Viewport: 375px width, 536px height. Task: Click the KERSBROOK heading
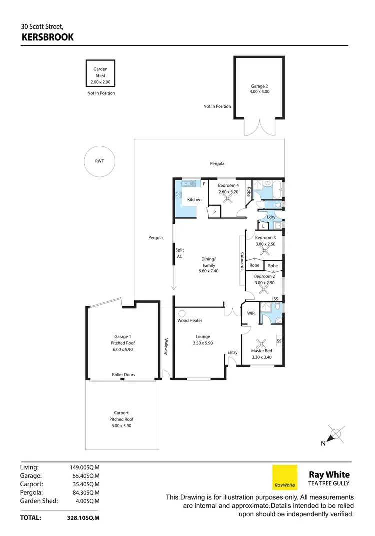(48, 37)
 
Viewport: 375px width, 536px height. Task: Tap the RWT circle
(100, 161)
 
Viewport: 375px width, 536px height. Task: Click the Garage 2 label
(260, 86)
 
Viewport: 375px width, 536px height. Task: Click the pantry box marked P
(214, 212)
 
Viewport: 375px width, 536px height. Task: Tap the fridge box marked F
(204, 184)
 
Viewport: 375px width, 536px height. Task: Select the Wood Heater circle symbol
(182, 313)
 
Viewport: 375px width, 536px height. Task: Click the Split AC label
(180, 253)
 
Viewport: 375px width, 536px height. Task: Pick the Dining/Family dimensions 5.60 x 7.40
(209, 271)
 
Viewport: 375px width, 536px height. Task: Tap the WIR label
(251, 313)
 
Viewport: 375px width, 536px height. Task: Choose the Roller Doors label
(123, 374)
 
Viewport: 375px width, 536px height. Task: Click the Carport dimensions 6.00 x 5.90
(122, 425)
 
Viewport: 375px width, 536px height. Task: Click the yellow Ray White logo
(285, 477)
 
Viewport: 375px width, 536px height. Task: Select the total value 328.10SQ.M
(85, 518)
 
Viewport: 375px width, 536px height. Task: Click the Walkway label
(165, 346)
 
